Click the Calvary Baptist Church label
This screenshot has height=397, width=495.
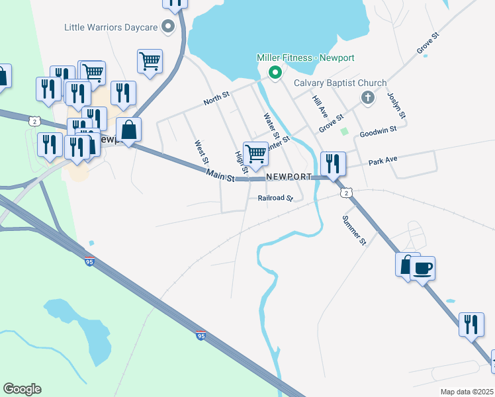point(340,83)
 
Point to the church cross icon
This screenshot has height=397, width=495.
point(369,98)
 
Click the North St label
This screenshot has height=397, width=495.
point(216,99)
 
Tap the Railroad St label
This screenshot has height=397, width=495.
point(275,198)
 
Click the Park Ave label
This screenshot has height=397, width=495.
point(382,161)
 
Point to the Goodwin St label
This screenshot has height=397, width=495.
point(377,132)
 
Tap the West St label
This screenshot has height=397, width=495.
point(201,152)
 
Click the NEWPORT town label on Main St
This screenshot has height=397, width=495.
point(289,177)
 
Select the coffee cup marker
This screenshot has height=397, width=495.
point(422,268)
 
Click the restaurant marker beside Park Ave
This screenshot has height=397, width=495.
point(332,163)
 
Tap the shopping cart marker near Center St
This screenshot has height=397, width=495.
point(255,154)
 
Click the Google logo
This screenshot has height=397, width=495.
point(22,389)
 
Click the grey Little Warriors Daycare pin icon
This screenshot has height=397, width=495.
point(168,27)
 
